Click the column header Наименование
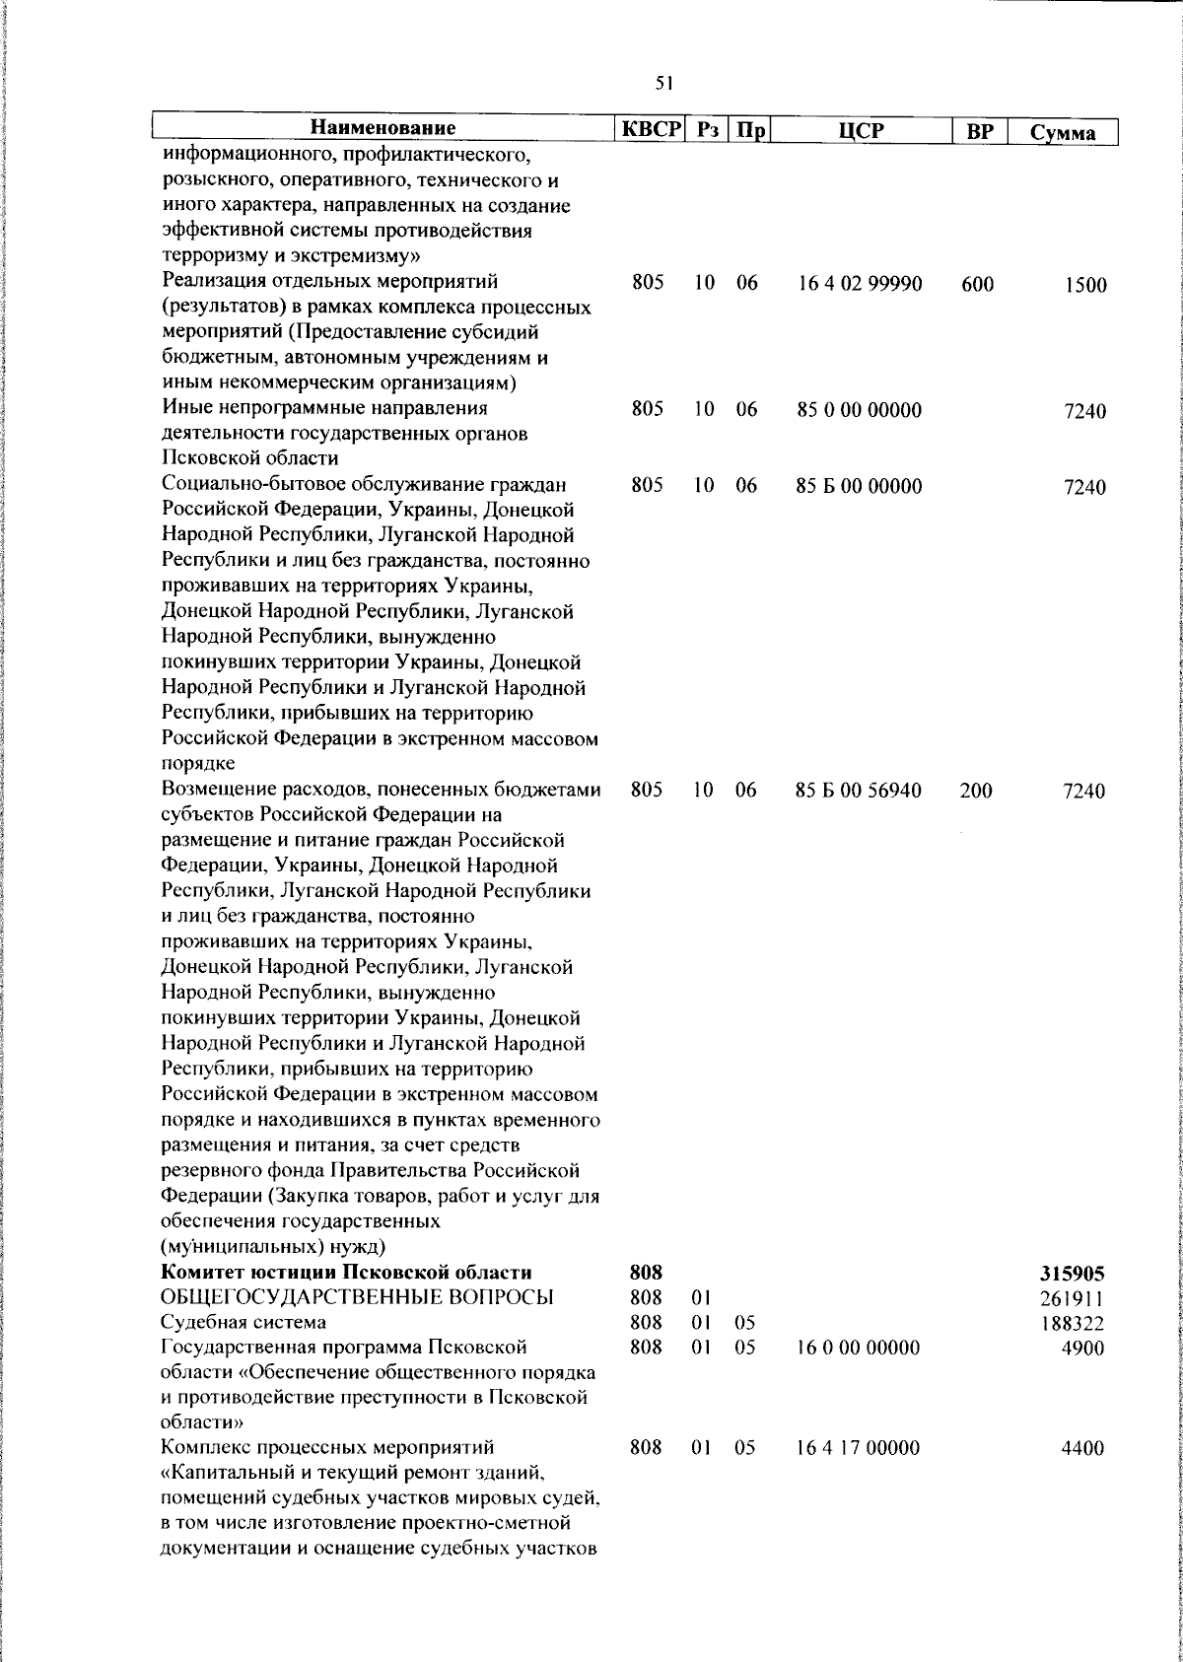click(x=383, y=129)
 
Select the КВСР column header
click(x=651, y=129)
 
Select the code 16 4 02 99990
click(x=860, y=285)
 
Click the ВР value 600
click(x=976, y=285)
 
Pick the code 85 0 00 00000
click(x=860, y=410)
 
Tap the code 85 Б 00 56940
click(x=860, y=791)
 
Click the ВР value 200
click(x=976, y=791)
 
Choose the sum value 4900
click(x=1084, y=1348)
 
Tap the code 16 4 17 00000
click(x=860, y=1448)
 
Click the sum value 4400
click(x=1084, y=1449)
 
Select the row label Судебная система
click(x=244, y=1322)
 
